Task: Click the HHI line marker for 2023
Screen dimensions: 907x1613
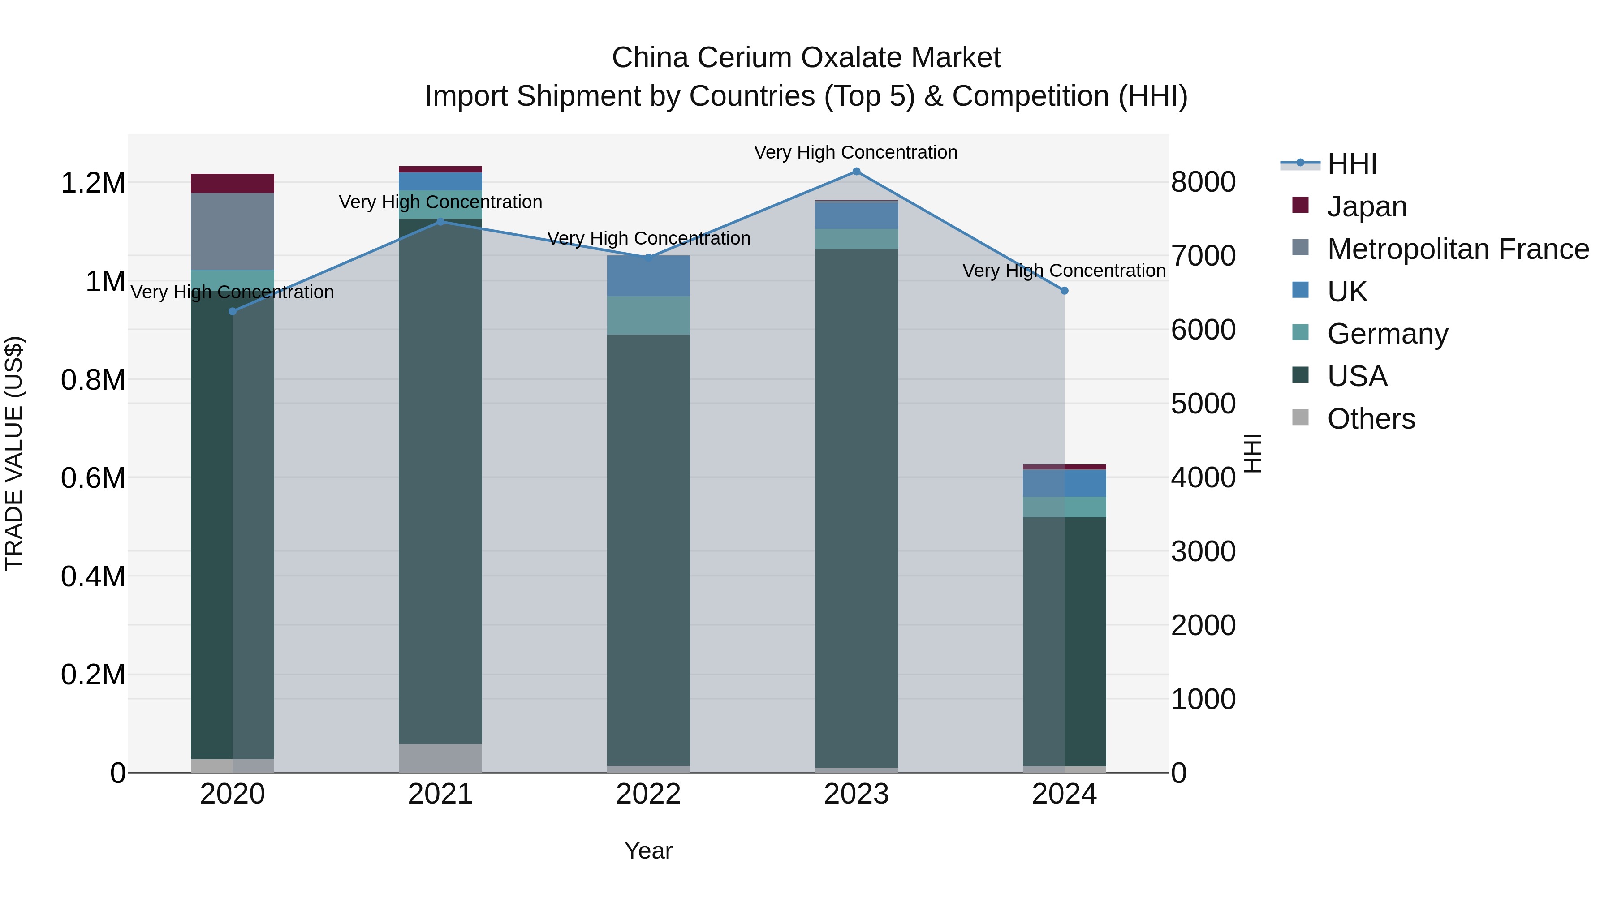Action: [856, 172]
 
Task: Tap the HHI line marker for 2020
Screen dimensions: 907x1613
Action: [232, 311]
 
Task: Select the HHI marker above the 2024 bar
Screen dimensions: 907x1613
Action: [1064, 290]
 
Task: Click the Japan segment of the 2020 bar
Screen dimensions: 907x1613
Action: [232, 183]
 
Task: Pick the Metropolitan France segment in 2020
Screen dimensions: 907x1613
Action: [232, 232]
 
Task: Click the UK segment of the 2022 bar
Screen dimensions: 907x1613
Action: [648, 275]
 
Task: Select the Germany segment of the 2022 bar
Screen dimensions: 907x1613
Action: [648, 315]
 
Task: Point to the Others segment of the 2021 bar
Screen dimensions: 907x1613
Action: [440, 757]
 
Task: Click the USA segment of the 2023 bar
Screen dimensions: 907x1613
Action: [856, 507]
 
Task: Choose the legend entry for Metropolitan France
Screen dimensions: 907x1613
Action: [1458, 249]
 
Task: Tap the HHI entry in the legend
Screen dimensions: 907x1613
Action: [1351, 164]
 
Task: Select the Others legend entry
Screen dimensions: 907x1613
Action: [1371, 419]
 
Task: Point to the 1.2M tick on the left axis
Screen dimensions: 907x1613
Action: [93, 183]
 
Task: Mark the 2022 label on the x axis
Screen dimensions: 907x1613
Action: [648, 794]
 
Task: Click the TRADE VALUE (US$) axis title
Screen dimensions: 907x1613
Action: [14, 453]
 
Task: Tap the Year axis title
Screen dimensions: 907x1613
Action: [648, 851]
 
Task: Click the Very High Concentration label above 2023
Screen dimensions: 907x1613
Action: [855, 152]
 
